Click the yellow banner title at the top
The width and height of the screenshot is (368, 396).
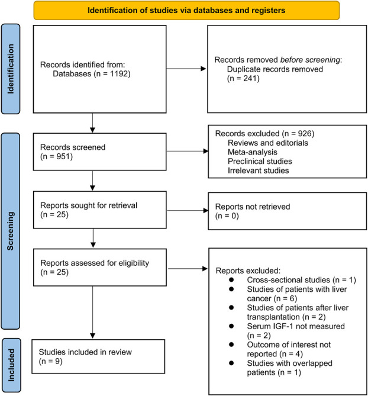click(x=186, y=10)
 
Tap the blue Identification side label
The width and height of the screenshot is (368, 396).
click(x=11, y=69)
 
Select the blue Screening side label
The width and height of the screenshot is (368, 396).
click(x=10, y=231)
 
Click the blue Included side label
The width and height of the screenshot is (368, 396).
click(x=11, y=365)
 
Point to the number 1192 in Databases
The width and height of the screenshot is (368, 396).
click(x=119, y=74)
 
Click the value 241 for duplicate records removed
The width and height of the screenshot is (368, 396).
click(x=250, y=78)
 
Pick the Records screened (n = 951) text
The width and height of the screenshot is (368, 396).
click(x=73, y=152)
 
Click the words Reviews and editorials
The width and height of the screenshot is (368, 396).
click(x=268, y=143)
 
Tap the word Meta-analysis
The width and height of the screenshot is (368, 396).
click(x=253, y=152)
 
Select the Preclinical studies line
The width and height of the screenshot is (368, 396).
click(x=260, y=161)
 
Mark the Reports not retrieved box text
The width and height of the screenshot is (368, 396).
click(x=253, y=211)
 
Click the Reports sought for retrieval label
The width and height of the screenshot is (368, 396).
click(x=89, y=205)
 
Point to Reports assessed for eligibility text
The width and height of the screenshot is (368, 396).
click(x=95, y=263)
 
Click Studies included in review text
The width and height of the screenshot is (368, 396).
click(x=85, y=352)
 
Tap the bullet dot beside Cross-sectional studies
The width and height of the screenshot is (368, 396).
click(x=231, y=279)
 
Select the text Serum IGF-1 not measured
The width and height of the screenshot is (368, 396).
click(x=296, y=326)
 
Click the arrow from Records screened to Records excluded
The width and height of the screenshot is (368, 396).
click(x=188, y=152)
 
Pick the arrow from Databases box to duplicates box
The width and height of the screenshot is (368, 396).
click(x=186, y=69)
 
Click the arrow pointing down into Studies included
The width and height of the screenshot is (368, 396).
click(x=93, y=312)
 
